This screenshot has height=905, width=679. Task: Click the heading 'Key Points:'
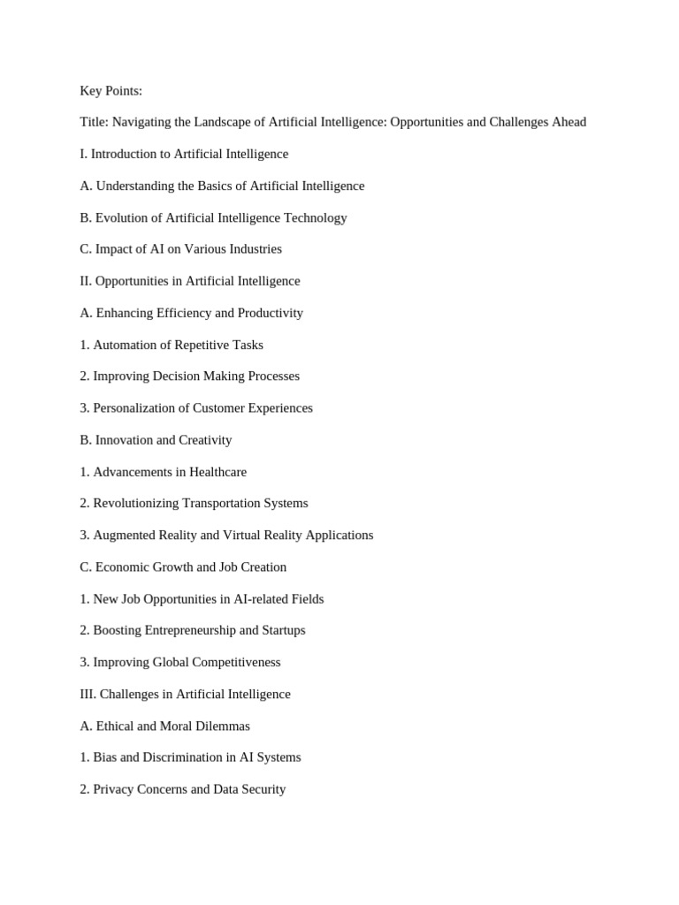[x=111, y=91]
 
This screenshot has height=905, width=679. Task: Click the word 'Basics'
[x=222, y=186]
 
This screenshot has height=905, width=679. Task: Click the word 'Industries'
[x=256, y=249]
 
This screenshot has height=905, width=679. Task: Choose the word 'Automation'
[x=126, y=345]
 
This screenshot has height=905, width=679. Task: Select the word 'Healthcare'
[x=216, y=472]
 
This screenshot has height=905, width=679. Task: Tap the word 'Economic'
[x=123, y=567]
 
